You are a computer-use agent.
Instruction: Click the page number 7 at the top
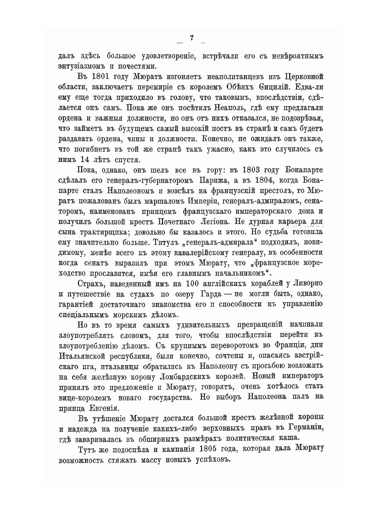(192, 38)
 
